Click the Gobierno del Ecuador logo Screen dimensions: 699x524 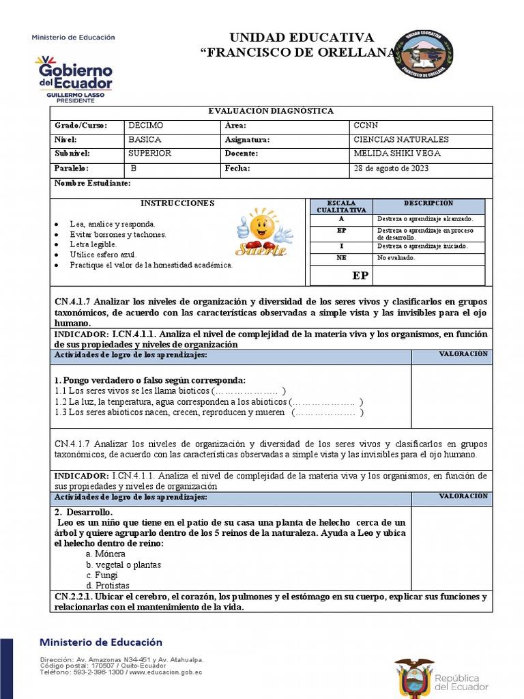coord(74,75)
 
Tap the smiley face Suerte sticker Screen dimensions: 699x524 coord(263,232)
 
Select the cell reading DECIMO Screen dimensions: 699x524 coord(146,126)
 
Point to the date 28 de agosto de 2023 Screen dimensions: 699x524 coord(391,169)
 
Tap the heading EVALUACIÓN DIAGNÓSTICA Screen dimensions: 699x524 coord(270,111)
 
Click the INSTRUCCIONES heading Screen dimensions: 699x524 coord(177,203)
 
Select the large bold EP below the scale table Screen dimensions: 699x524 coord(360,276)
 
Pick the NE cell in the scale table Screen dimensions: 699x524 coord(341,258)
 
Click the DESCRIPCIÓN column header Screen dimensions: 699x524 coord(428,203)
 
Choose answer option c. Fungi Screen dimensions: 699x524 coord(102,575)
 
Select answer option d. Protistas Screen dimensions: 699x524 coord(107,586)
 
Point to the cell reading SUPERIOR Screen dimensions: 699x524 coord(149,154)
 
